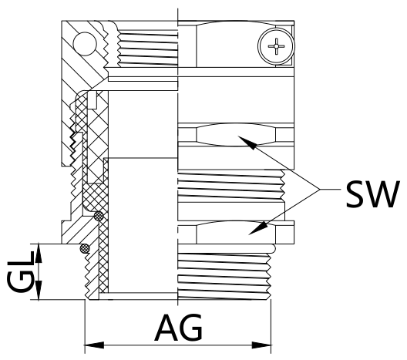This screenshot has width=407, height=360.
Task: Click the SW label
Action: pyautogui.click(x=372, y=194)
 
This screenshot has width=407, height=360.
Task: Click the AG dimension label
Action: pyautogui.click(x=179, y=328)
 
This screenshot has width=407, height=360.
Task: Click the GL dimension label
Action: pyautogui.click(x=20, y=272)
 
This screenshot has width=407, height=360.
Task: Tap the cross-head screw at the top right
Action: pyautogui.click(x=276, y=46)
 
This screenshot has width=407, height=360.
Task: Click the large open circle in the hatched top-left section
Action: pyautogui.click(x=85, y=44)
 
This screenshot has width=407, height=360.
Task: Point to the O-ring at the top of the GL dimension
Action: pyautogui.click(x=85, y=249)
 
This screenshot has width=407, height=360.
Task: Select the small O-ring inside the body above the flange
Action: pyautogui.click(x=99, y=215)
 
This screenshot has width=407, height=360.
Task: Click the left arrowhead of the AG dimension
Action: pyautogui.click(x=94, y=345)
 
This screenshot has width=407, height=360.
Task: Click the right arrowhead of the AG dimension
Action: pyautogui.click(x=261, y=345)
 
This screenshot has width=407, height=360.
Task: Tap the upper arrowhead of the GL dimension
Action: pyautogui.click(x=39, y=253)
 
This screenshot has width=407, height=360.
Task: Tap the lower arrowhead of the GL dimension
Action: pyautogui.click(x=39, y=290)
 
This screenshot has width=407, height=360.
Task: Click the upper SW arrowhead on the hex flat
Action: pyautogui.click(x=247, y=143)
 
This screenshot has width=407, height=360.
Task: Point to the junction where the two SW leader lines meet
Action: pyautogui.click(x=320, y=190)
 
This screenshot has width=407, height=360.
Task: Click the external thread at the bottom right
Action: pyautogui.click(x=224, y=276)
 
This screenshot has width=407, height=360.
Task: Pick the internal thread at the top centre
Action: pyautogui.click(x=147, y=49)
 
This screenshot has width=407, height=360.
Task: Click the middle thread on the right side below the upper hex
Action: pyautogui.click(x=231, y=185)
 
